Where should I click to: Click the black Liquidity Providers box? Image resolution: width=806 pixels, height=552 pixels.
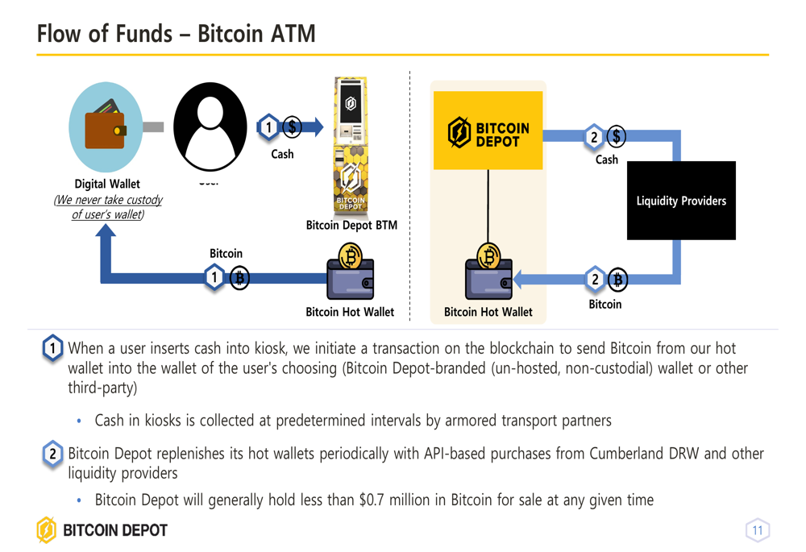click(681, 201)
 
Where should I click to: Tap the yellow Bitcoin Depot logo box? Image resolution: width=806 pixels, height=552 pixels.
click(488, 131)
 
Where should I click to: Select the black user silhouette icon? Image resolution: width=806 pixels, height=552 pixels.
click(210, 127)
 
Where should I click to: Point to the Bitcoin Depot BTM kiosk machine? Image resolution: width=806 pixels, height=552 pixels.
click(351, 145)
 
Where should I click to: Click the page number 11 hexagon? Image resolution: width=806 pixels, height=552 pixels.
click(757, 530)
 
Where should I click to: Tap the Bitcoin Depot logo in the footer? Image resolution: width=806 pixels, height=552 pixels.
click(102, 530)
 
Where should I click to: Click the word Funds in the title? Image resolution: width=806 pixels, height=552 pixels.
click(143, 34)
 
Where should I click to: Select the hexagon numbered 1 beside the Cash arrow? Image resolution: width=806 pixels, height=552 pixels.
click(268, 127)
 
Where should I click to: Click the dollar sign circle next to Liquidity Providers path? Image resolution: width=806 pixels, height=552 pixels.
click(617, 137)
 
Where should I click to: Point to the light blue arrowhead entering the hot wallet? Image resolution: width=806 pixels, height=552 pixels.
click(518, 280)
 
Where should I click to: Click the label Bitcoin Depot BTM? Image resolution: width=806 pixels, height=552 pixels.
click(351, 225)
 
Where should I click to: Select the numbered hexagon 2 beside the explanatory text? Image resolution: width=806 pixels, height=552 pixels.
click(52, 454)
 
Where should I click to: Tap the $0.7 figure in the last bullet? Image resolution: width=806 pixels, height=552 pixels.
click(372, 500)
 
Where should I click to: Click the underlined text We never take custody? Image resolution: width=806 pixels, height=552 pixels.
click(108, 200)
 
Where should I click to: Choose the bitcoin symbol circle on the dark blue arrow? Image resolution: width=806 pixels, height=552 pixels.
click(239, 278)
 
